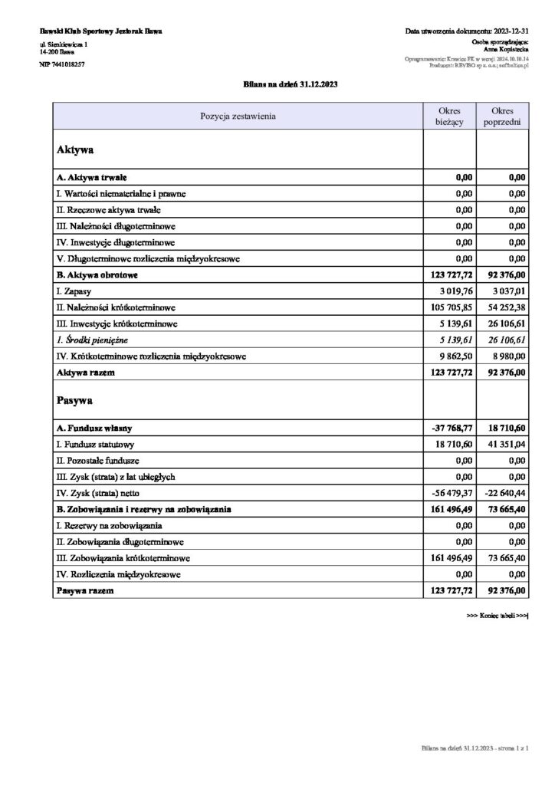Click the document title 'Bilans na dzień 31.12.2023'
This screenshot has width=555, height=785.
(277, 85)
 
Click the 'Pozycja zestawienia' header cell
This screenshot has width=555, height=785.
(238, 117)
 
